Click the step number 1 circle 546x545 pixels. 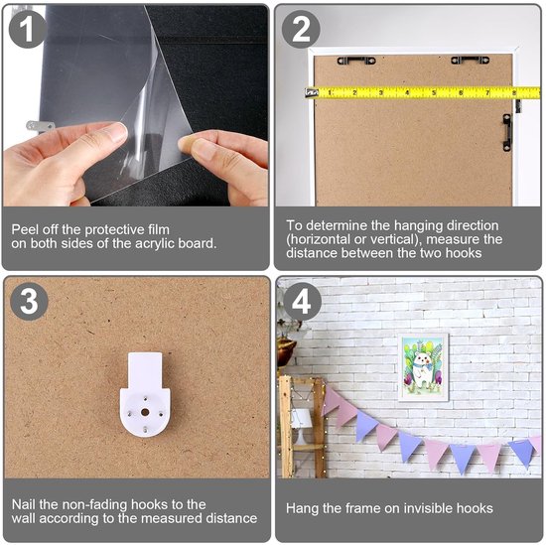[27, 29]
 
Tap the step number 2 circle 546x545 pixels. [301, 29]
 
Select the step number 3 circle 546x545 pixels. [29, 301]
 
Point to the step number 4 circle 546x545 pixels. [302, 301]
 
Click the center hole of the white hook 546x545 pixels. [145, 412]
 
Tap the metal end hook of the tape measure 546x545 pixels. [312, 92]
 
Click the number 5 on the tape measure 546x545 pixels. [434, 92]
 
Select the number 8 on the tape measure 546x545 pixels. [514, 92]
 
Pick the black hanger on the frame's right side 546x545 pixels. [507, 132]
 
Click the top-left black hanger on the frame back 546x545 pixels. [356, 61]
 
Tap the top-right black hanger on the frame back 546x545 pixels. [471, 60]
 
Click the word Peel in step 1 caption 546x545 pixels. [24, 229]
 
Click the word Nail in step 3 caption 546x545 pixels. [24, 504]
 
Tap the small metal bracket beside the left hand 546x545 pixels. [41, 126]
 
